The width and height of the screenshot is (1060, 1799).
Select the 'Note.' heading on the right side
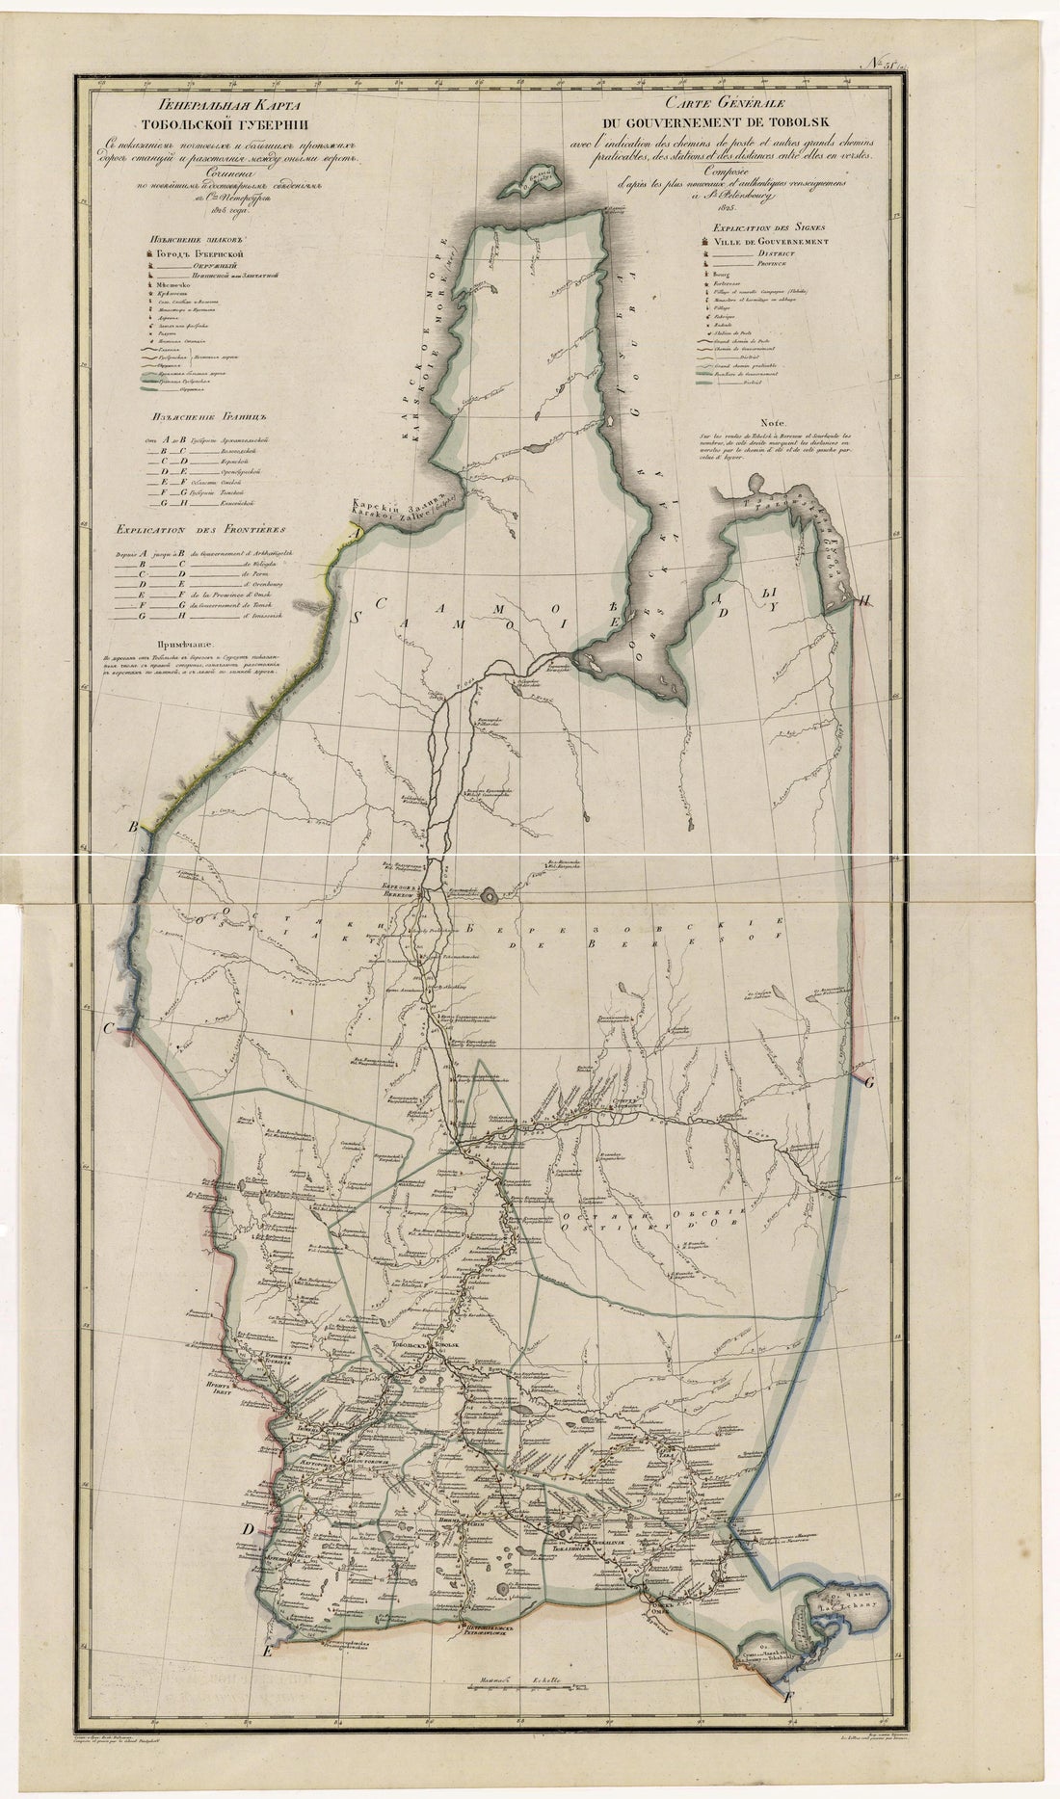click(x=772, y=421)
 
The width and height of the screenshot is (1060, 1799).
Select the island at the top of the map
click(x=533, y=176)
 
